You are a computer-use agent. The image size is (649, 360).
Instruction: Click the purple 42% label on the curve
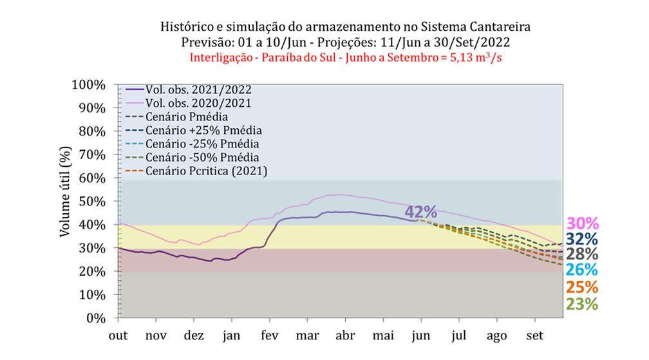coord(421,212)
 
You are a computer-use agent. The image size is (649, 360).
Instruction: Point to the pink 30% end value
coord(582,223)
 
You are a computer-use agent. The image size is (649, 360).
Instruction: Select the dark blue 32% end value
coord(582,239)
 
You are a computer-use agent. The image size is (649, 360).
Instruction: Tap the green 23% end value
coord(582,303)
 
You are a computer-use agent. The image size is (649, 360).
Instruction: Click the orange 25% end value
coord(582,287)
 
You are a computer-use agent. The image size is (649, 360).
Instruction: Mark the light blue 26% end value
coord(582,270)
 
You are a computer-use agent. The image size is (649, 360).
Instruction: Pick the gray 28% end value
coord(582,254)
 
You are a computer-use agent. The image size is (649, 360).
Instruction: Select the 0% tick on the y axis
coord(97,318)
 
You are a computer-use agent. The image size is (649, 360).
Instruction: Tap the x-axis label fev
coord(270,336)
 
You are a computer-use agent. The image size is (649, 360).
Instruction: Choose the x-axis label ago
coord(496,336)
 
